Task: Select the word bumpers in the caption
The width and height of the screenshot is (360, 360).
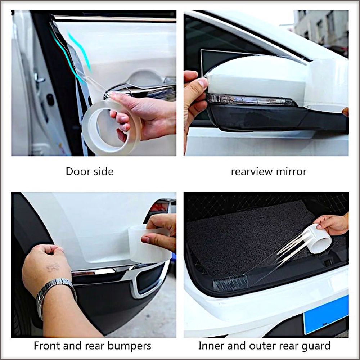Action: click(129, 346)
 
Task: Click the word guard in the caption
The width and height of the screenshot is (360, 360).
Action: click(316, 346)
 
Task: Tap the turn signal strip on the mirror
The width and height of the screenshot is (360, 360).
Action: click(250, 100)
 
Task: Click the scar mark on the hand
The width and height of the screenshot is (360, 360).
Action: click(53, 267)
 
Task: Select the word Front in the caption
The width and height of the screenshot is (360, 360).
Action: click(47, 346)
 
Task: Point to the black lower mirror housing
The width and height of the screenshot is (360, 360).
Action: click(264, 118)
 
